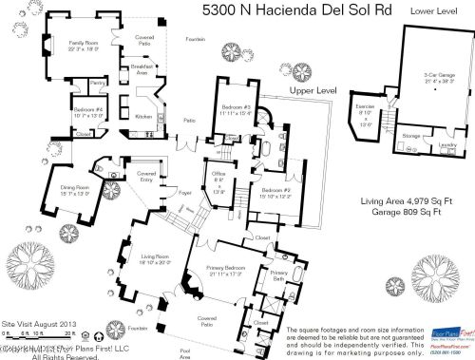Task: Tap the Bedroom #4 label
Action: coord(88,109)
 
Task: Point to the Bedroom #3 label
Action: coord(233,108)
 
